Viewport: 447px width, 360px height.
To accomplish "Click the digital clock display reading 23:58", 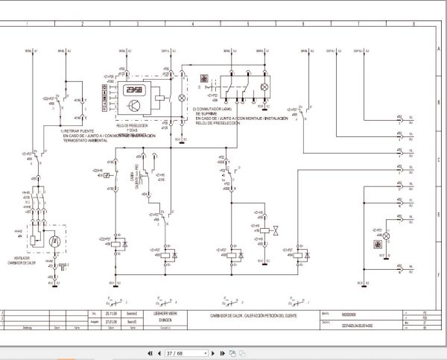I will point(135,89).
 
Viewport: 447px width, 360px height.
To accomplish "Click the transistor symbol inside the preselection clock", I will point(135,106).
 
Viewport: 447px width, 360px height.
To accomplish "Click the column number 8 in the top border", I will point(414,24).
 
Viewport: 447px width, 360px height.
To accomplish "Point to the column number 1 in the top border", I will point(28,24).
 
